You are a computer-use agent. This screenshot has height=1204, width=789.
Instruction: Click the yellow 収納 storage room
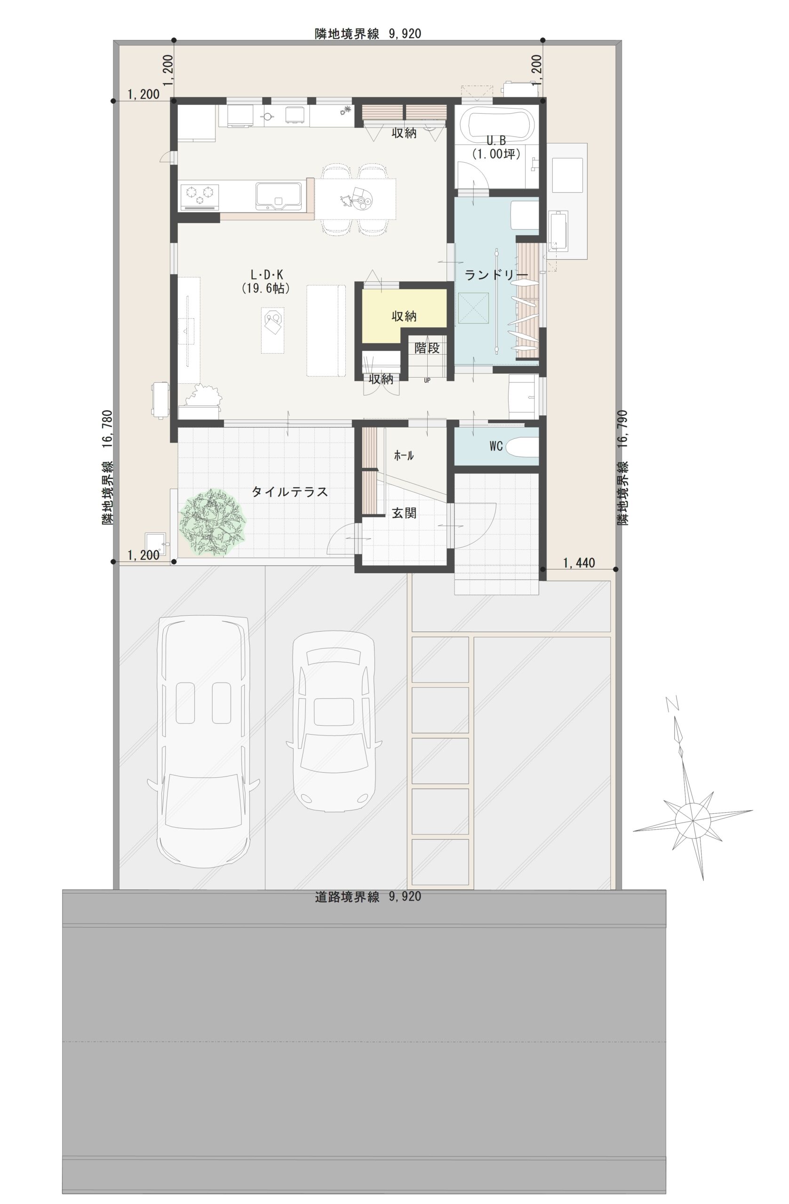click(x=403, y=316)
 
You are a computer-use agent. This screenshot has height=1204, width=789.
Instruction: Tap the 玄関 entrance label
click(x=404, y=513)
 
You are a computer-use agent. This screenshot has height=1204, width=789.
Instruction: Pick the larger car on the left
click(x=203, y=741)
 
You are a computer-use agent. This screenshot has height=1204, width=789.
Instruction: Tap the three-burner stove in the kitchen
click(x=200, y=197)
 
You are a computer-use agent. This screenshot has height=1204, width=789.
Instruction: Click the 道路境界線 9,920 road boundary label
click(x=367, y=897)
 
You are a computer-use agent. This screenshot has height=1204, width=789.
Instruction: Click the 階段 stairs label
click(x=427, y=348)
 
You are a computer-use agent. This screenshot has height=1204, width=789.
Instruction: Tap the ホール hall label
click(x=403, y=456)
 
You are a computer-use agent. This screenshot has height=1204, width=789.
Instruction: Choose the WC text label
click(x=496, y=446)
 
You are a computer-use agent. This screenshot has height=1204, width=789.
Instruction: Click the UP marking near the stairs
click(x=427, y=380)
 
